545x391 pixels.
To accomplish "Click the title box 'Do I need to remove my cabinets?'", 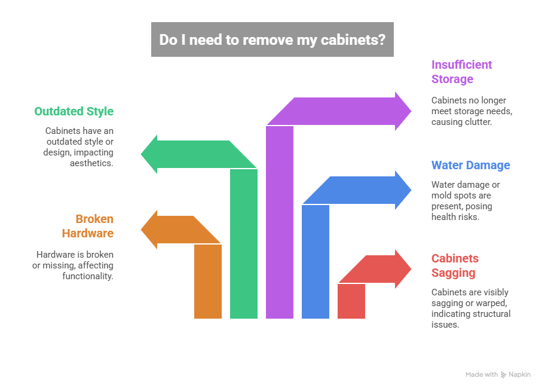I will (x=272, y=39).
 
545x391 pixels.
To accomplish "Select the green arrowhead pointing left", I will (x=151, y=154).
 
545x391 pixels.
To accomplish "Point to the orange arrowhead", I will (x=150, y=230).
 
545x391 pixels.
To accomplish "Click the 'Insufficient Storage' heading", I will (x=461, y=72).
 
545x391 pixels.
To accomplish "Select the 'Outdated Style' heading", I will (x=74, y=111).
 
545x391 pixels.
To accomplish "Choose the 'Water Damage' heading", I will (x=471, y=165).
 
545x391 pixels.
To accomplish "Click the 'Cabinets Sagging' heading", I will (x=455, y=265).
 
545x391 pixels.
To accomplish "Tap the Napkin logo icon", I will (x=504, y=375).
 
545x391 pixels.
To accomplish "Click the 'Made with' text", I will (x=482, y=375).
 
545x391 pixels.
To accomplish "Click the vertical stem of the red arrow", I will (x=351, y=302).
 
